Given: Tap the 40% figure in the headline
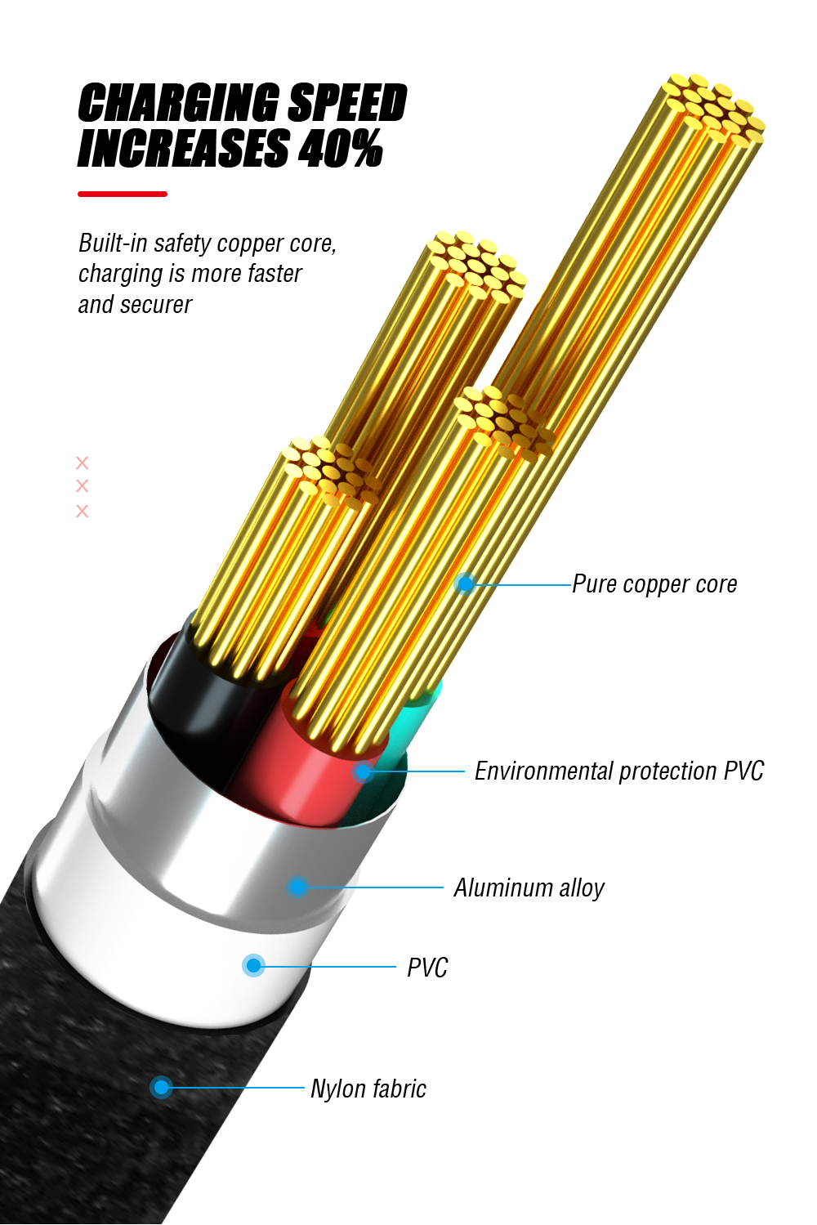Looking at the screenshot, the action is (x=340, y=148).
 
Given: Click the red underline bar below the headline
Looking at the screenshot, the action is (x=123, y=194).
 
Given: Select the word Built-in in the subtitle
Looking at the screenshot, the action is (x=114, y=244).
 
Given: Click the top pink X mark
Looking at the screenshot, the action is (x=82, y=463).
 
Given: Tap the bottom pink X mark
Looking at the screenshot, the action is (x=82, y=511).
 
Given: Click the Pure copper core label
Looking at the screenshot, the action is (x=654, y=584).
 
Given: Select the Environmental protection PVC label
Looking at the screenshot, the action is (x=619, y=771).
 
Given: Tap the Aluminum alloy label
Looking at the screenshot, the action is (x=529, y=887).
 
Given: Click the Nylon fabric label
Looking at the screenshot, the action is (x=368, y=1089).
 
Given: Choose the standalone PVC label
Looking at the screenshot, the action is (x=427, y=968).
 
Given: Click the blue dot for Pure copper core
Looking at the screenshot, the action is (x=466, y=584).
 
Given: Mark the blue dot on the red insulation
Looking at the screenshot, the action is (x=363, y=771).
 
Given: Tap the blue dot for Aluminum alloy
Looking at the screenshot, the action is (x=297, y=887).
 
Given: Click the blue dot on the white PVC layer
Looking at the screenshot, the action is (x=254, y=966).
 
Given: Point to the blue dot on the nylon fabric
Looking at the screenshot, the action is (x=161, y=1087).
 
